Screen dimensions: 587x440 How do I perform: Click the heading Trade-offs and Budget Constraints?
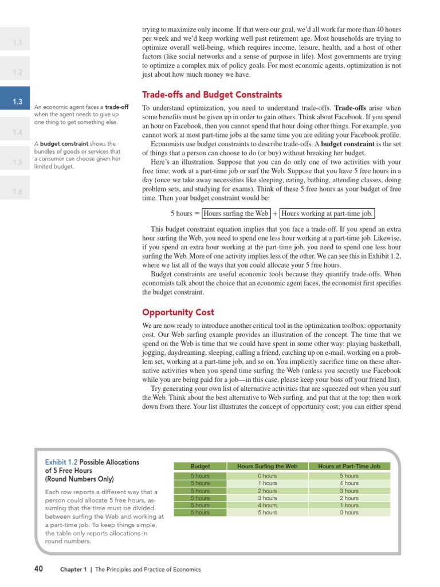pos(211,95)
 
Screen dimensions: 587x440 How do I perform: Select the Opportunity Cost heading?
pos(178,312)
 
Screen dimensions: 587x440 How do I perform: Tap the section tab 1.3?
pos(17,102)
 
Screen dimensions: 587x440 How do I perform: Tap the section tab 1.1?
pos(17,42)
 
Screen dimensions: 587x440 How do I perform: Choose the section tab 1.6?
pos(17,191)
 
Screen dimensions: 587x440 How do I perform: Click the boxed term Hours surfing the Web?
pos(236,213)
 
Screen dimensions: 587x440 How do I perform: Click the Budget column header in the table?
pos(200,466)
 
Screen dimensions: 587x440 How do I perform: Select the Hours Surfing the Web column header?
pos(267,466)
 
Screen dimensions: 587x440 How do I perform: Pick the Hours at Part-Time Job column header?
pos(349,466)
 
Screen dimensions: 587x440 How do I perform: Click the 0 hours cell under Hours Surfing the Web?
pos(267,476)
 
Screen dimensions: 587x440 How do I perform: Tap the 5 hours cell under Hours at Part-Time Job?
pos(349,476)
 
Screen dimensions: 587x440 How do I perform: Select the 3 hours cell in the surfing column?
pos(267,498)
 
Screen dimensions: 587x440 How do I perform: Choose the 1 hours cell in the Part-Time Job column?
pos(349,506)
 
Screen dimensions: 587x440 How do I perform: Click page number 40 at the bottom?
pos(39,569)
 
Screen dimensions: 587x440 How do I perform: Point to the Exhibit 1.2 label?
pos(61,462)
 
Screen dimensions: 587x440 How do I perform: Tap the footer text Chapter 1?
pos(74,570)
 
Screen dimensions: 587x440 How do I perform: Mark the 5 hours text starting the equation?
pos(182,213)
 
